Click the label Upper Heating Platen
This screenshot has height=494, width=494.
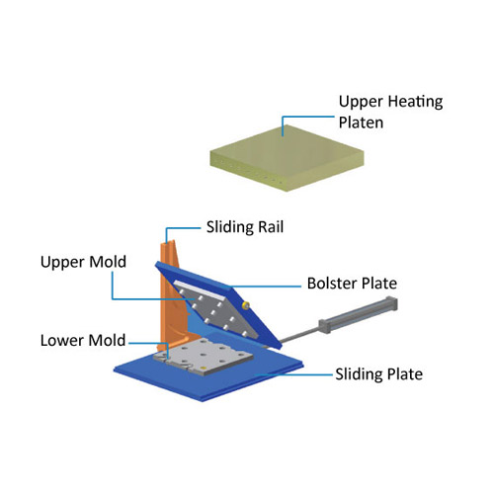click(390, 112)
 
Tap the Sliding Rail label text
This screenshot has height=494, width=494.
click(245, 227)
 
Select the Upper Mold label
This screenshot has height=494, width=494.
click(83, 262)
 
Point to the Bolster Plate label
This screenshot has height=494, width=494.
click(352, 284)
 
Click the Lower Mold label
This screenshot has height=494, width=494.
click(83, 340)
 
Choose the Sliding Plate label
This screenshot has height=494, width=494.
click(379, 374)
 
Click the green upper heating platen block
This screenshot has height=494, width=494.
click(287, 158)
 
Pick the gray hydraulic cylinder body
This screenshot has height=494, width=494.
click(358, 314)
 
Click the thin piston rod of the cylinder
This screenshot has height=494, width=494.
click(298, 335)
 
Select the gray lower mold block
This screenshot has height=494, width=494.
click(204, 358)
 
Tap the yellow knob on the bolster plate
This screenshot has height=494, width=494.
click(245, 305)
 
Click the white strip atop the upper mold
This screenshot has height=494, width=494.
click(200, 289)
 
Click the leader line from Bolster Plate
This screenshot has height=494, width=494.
click(265, 286)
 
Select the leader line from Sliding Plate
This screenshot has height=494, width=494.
click(294, 374)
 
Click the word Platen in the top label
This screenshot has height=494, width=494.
click(361, 123)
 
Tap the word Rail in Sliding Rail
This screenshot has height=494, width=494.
click(271, 227)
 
